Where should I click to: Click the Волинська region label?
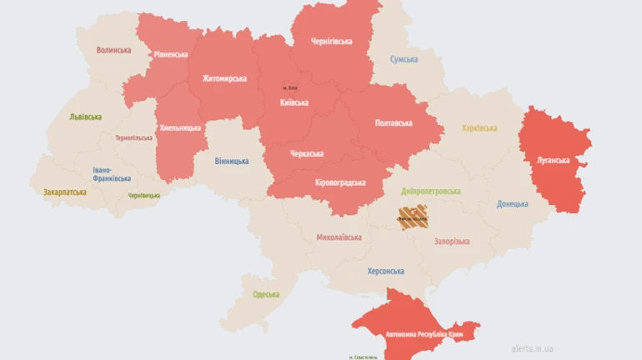(x=113, y=50)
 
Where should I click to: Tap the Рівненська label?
(x=171, y=54)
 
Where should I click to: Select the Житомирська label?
(x=224, y=78)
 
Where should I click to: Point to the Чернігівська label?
(x=331, y=41)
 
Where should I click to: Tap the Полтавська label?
(x=394, y=122)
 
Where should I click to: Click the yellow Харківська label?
(x=479, y=127)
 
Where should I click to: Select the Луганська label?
(x=552, y=159)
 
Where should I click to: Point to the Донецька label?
(x=512, y=203)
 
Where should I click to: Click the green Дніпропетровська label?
(x=430, y=191)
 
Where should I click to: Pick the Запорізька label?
(x=451, y=241)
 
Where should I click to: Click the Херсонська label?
(x=385, y=271)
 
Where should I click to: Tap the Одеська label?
(x=267, y=294)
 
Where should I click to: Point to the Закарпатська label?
(x=65, y=192)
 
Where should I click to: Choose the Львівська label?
(x=88, y=116)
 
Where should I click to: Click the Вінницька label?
(x=231, y=160)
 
